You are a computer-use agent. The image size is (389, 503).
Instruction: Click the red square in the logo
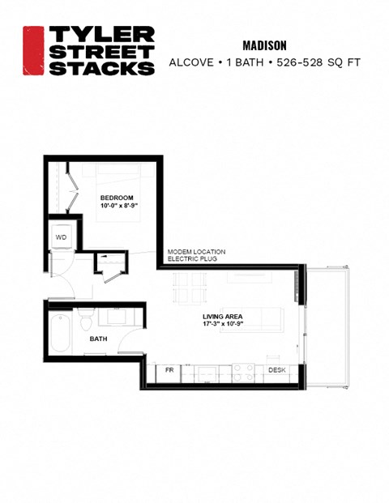[x=33, y=50]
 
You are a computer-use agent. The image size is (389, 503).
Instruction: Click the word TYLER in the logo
[x=100, y=34]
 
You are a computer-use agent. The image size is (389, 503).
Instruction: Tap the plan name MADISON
[x=266, y=45]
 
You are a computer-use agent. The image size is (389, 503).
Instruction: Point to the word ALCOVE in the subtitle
[x=192, y=62]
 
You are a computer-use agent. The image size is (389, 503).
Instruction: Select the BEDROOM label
[x=116, y=198]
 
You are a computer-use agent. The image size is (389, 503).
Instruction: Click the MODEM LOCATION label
[x=196, y=252]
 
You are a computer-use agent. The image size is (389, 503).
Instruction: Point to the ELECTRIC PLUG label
[x=194, y=260]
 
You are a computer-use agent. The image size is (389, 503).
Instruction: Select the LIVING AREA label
[x=222, y=316]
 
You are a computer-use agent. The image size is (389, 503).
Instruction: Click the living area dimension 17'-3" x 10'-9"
[x=222, y=325]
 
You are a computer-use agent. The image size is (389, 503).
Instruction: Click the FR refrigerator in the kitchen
[x=170, y=370]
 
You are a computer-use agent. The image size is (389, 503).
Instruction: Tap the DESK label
[x=276, y=370]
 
